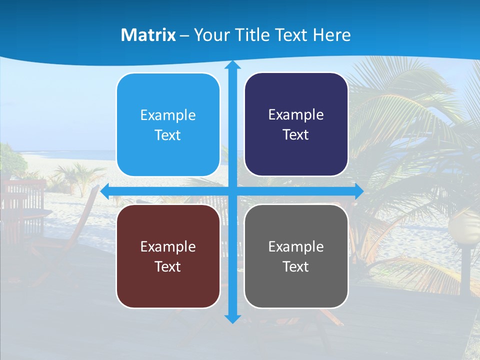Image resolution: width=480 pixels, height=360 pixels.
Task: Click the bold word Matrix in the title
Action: pos(148,35)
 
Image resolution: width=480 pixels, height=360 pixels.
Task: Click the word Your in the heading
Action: pos(209,35)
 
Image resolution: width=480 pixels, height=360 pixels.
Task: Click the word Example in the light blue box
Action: pos(168,115)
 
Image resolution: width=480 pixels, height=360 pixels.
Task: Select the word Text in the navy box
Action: pos(296,135)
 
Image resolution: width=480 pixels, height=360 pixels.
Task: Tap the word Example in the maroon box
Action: pos(168,247)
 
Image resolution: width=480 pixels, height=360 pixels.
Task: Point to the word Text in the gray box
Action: pos(296,267)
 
